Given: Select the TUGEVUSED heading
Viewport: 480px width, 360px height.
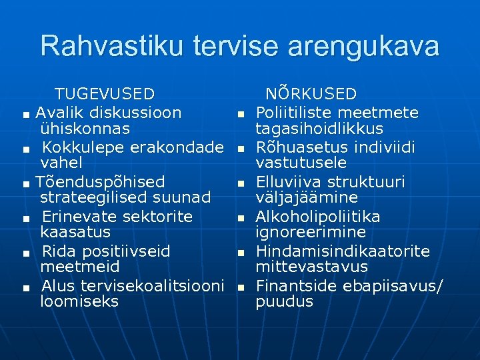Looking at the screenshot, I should coord(104,94).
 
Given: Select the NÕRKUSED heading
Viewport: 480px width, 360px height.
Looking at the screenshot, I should coord(311,94).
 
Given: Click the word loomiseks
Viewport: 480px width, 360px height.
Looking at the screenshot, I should coord(79,301).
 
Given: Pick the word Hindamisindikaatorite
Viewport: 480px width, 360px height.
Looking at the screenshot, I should coord(343,251).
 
